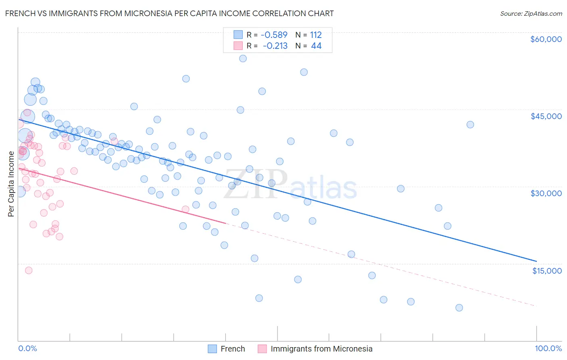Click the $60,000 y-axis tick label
click(546, 39)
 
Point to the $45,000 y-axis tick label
click(546, 116)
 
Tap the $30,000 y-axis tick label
click(546, 193)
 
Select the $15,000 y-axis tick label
click(546, 271)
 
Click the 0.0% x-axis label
click(27, 348)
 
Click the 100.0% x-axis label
click(548, 348)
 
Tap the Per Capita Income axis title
click(11, 184)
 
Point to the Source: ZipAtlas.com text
click(531, 13)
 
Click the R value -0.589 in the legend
click(274, 35)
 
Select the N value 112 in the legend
click(316, 35)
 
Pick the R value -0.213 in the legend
click(275, 46)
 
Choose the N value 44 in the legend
click(316, 46)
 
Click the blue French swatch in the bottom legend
click(213, 349)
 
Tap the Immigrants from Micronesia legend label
click(321, 349)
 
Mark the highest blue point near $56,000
click(243, 59)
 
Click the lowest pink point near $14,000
click(29, 270)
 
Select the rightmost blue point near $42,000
click(470, 124)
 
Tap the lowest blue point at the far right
click(459, 308)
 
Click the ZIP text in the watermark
click(255, 184)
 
